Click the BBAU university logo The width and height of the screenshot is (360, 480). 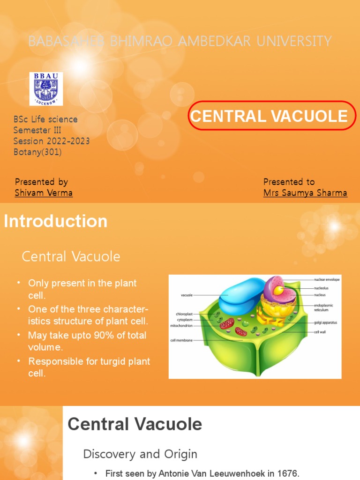[46, 89]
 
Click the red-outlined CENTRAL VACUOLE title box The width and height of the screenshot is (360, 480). [269, 115]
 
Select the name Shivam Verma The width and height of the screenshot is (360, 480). [44, 193]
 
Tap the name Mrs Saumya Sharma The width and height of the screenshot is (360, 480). [305, 193]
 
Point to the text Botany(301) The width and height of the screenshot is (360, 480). [37, 152]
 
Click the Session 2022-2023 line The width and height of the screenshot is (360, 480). [52, 141]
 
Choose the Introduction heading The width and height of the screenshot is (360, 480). [56, 221]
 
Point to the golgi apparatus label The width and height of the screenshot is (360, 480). [326, 322]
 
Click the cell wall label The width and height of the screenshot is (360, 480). [320, 331]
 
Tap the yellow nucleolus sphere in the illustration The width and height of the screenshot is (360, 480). [278, 291]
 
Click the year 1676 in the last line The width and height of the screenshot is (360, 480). [288, 473]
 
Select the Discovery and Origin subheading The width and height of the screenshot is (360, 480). [140, 454]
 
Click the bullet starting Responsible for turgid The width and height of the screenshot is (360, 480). [89, 361]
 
